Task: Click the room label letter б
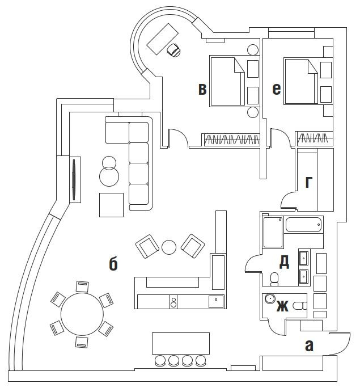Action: (x=113, y=264)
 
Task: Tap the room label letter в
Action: (x=202, y=89)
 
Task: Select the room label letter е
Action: (x=276, y=88)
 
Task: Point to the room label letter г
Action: (x=309, y=182)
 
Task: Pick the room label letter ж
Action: (x=282, y=307)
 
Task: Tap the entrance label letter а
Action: (x=309, y=344)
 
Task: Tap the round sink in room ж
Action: (x=271, y=298)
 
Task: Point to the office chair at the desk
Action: (x=175, y=50)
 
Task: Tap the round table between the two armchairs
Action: (x=169, y=247)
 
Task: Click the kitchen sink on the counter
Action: (x=216, y=301)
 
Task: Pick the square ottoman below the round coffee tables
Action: (x=111, y=205)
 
